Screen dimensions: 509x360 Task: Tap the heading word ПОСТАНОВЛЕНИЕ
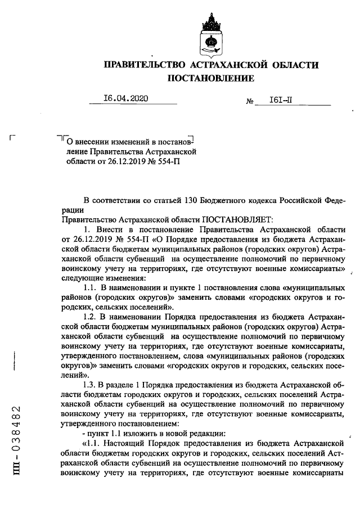(x=211, y=79)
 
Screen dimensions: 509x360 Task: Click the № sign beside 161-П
(x=250, y=102)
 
